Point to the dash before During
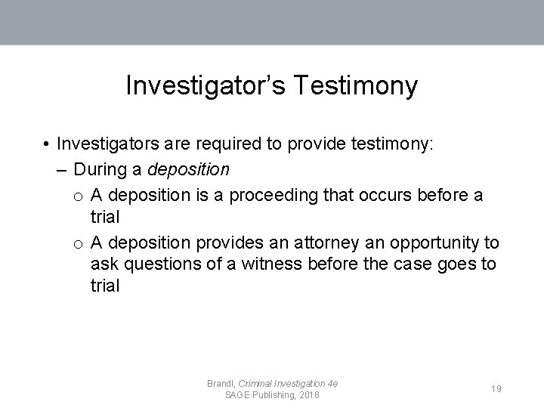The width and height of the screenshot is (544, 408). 61,168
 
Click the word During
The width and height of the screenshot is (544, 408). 109,168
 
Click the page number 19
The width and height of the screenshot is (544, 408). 496,388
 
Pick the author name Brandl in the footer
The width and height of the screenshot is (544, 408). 221,384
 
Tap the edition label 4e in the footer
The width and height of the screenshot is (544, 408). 330,384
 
